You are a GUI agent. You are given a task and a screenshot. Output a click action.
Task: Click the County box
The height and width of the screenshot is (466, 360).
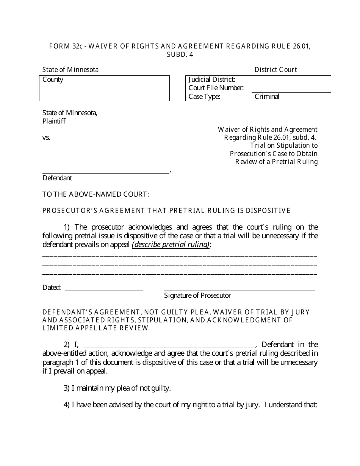[104, 88]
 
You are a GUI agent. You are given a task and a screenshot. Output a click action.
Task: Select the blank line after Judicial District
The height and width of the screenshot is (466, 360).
[291, 80]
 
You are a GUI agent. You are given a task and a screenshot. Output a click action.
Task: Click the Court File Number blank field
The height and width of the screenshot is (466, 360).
[291, 88]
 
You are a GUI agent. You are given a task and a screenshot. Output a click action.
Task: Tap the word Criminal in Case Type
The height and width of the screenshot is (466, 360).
[267, 97]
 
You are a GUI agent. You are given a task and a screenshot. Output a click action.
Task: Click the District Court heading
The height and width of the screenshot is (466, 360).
[275, 70]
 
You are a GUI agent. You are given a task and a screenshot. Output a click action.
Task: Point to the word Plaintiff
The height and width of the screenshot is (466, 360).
[54, 121]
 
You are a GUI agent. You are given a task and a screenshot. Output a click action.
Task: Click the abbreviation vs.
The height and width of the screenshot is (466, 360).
[46, 138]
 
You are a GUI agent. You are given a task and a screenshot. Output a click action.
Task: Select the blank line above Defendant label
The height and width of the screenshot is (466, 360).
[106, 170]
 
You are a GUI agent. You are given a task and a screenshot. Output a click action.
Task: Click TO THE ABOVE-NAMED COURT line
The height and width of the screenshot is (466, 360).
[95, 194]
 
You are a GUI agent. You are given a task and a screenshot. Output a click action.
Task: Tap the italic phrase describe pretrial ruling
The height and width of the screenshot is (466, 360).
[171, 245]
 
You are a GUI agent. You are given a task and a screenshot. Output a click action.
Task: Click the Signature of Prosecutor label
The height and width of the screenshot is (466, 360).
[197, 296]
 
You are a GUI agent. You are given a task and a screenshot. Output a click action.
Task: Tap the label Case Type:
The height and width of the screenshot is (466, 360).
[204, 97]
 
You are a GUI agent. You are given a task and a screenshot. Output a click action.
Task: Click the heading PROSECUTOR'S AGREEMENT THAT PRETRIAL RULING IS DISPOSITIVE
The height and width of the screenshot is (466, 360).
[166, 211]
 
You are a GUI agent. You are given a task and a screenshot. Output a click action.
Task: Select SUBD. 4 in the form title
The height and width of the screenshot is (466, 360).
[180, 54]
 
